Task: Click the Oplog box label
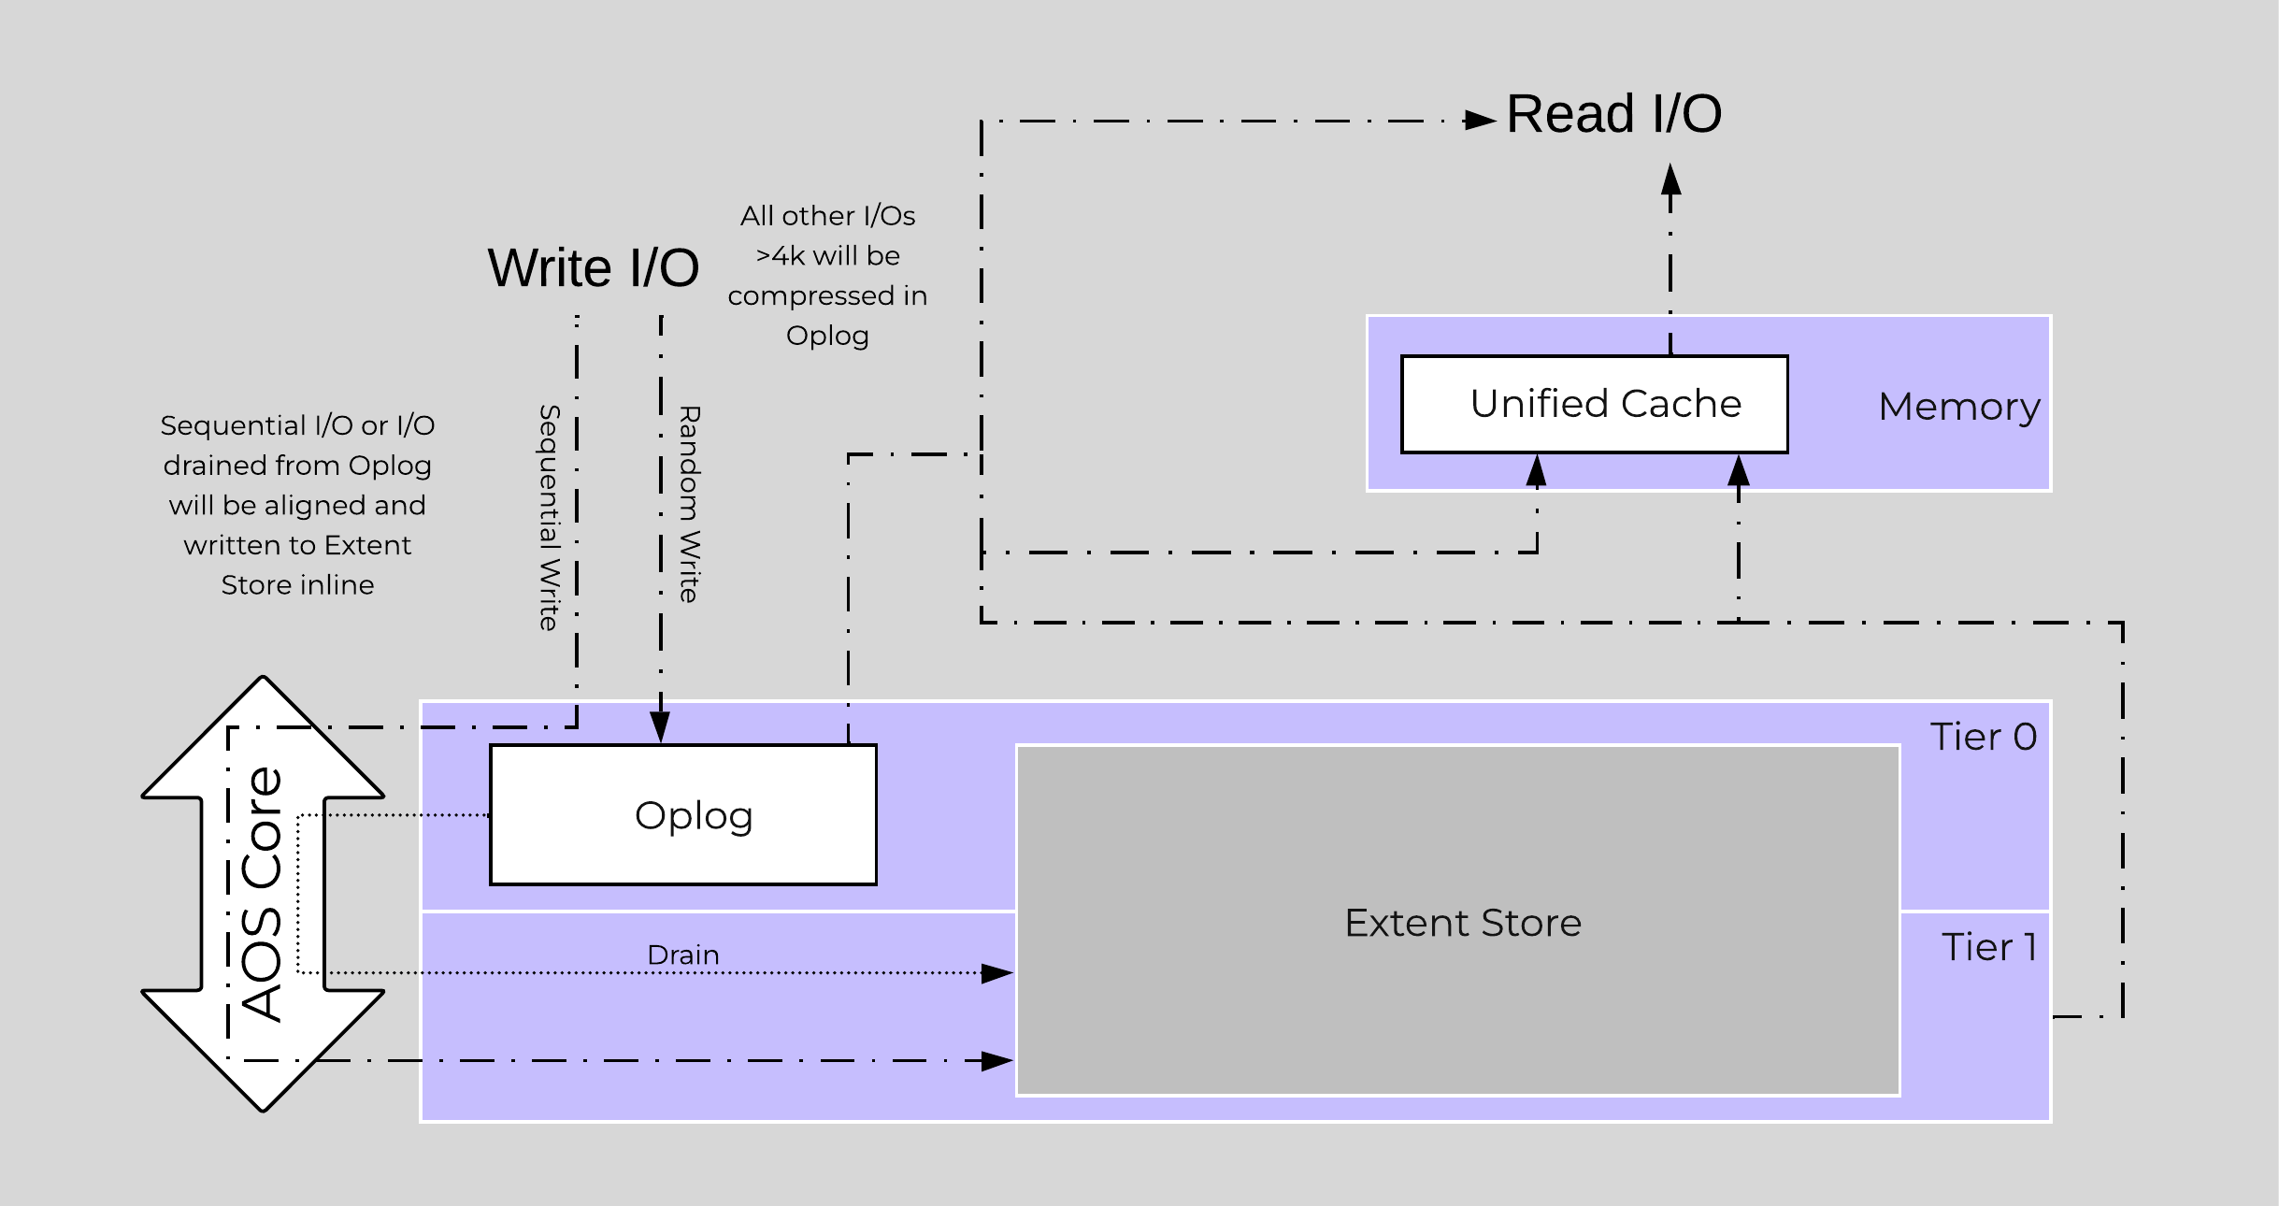pos(694,815)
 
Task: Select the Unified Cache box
pos(1594,404)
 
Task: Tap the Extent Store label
pos(1463,923)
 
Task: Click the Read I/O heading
pos(1613,114)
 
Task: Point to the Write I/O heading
pos(593,267)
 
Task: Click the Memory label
pos(1958,407)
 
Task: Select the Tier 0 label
pos(1983,737)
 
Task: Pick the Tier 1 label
pos(1988,947)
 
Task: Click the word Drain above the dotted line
pos(683,955)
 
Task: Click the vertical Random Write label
pos(690,504)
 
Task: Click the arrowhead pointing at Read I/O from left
pos(1480,121)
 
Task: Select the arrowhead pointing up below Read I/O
pos(1671,179)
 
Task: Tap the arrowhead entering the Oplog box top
pos(660,727)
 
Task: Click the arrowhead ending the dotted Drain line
pos(997,973)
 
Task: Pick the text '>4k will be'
pos(827,255)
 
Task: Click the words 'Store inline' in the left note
pos(297,584)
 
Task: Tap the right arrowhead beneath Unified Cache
pos(1739,470)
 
